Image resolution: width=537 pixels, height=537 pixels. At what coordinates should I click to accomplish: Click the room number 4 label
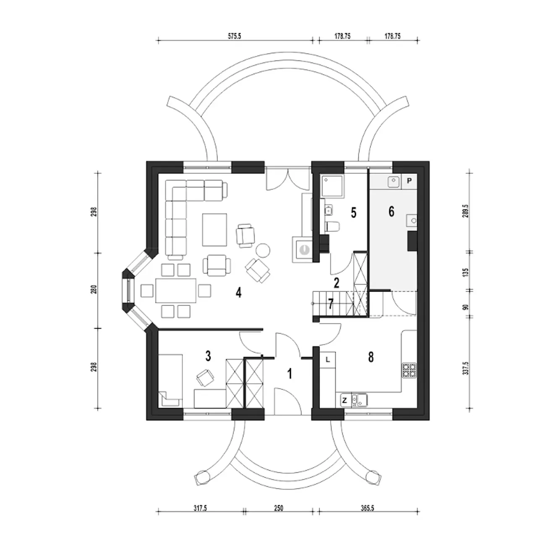[238, 292]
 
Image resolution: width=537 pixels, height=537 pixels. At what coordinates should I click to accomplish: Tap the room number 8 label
[370, 357]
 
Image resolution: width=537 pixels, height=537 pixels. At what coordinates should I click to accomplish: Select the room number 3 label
[208, 356]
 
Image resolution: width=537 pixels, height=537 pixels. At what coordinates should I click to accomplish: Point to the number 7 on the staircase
[331, 304]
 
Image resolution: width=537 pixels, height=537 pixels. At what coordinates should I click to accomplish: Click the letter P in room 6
[409, 181]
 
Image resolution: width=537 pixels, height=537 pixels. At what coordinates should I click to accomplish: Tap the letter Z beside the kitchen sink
[344, 401]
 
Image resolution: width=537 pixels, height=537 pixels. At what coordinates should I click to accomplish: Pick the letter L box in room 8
[328, 360]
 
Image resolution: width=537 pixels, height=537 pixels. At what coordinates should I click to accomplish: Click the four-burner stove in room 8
[409, 370]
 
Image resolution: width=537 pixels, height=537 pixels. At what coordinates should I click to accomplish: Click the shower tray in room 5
[332, 186]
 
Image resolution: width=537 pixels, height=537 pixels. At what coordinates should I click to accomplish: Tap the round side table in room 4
[263, 250]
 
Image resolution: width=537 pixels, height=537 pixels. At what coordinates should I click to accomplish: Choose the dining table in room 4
[176, 290]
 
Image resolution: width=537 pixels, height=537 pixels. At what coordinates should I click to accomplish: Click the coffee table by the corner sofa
[214, 229]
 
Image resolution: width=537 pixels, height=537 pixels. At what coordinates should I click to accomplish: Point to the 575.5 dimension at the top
[235, 36]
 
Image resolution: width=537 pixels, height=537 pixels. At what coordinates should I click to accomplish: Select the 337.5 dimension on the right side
[466, 368]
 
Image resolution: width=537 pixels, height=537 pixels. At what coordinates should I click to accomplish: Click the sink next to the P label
[394, 181]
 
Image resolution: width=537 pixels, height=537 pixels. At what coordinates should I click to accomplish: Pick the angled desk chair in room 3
[206, 378]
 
